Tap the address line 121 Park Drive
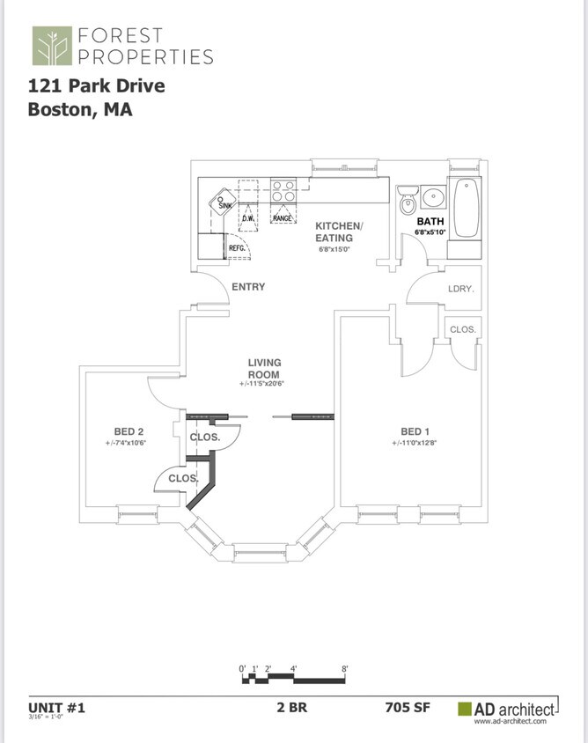pos(96,86)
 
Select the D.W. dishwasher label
pos(248,217)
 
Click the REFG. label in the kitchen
pos(237,248)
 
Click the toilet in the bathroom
pos(407,202)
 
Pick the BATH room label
pos(430,221)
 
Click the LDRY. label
pos(460,289)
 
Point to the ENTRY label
pos(248,287)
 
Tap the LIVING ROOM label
pos(263,368)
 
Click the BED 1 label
pos(415,431)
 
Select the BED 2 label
pos(129,431)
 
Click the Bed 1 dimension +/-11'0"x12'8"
pos(415,443)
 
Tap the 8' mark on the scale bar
pos(345,670)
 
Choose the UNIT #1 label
pos(56,706)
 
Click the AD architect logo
pos(507,709)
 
